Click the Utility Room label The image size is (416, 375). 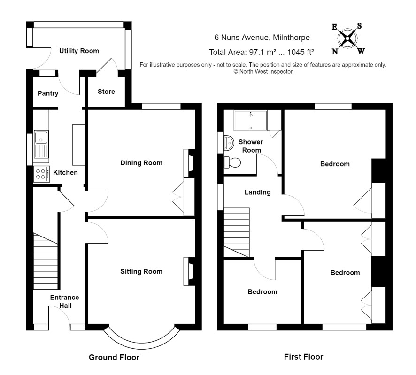click(79, 51)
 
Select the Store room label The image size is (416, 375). click(106, 92)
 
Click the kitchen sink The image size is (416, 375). click(42, 144)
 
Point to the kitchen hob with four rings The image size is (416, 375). click(41, 174)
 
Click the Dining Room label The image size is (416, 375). click(141, 163)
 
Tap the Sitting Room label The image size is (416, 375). click(141, 271)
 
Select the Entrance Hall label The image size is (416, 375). click(65, 302)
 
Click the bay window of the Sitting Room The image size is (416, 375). click(141, 340)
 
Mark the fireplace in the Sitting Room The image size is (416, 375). click(189, 271)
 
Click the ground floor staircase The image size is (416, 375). click(46, 261)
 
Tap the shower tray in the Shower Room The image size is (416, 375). click(250, 120)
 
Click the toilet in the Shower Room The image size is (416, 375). click(232, 162)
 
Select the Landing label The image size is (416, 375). click(258, 192)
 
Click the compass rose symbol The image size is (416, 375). click(348, 38)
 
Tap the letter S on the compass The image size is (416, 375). click(359, 26)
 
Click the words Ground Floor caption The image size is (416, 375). click(114, 358)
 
